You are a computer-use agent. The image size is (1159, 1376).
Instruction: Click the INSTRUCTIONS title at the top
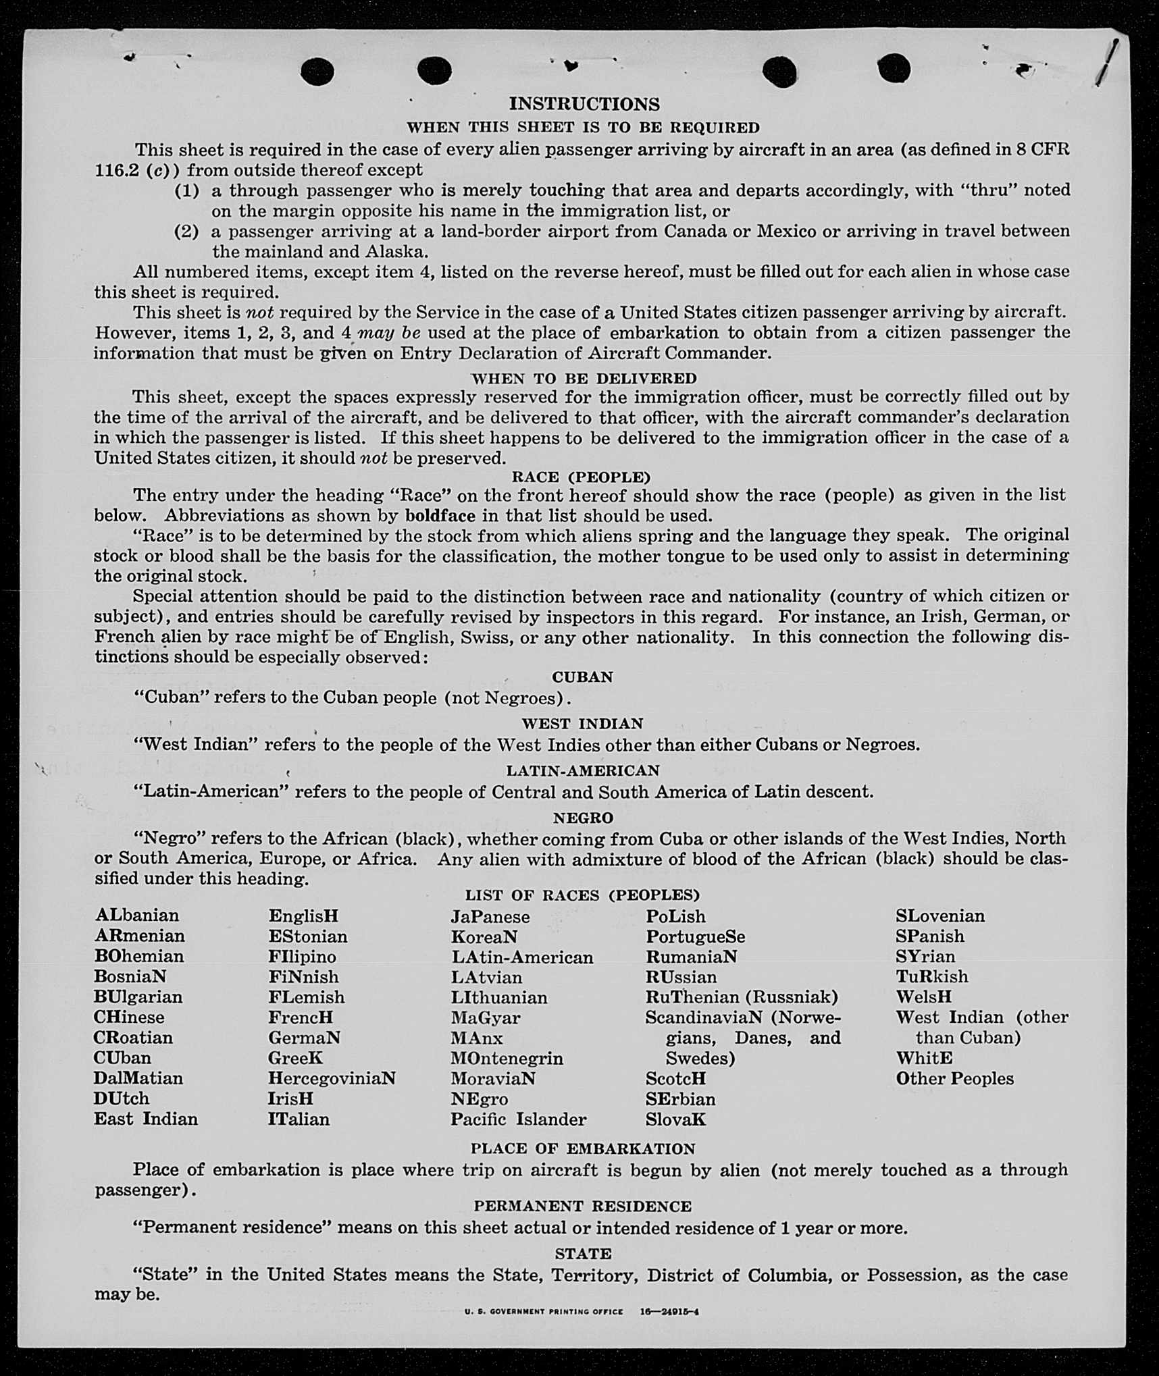pos(584,104)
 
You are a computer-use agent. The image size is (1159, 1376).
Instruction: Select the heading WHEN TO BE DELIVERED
pos(584,378)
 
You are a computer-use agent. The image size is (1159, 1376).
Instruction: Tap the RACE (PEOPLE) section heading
pos(581,477)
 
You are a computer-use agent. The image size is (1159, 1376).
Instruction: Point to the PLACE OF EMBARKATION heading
pos(582,1148)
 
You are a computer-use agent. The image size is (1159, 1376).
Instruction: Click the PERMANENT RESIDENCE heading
pos(582,1206)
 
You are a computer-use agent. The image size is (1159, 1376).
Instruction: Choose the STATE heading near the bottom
pos(583,1254)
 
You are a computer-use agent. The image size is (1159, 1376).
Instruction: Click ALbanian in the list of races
pos(137,916)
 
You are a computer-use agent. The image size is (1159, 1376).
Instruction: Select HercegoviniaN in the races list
pos(332,1078)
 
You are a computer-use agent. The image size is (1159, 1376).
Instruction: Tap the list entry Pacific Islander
pos(518,1119)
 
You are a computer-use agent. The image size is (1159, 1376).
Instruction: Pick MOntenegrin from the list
pos(507,1058)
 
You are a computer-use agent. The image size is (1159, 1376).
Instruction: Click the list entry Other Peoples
pos(954,1078)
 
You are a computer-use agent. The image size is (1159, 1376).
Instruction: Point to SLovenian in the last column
pos(940,916)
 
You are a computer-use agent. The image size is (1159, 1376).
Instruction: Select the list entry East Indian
pos(146,1119)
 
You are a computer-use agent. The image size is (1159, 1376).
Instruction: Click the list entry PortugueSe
pos(695,936)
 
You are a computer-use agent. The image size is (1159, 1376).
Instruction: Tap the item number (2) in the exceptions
pos(186,232)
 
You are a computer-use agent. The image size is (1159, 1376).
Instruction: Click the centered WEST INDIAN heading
pos(582,724)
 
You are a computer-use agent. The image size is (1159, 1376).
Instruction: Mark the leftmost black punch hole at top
pos(317,72)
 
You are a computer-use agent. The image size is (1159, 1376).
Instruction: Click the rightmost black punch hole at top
pos(894,70)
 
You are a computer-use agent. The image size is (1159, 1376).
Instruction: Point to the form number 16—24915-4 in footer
pos(669,1312)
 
